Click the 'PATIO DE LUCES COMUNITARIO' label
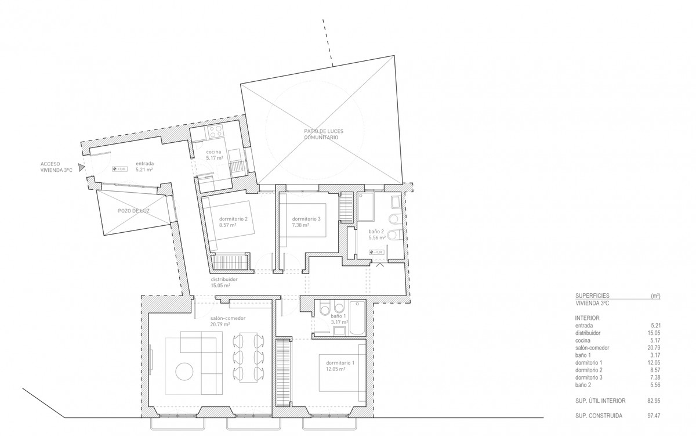click(321, 134)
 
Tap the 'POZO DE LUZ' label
click(133, 211)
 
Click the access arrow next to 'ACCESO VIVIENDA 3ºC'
click(82, 167)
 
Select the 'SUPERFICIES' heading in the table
click(592, 296)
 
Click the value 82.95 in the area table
click(654, 401)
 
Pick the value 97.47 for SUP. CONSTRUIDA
click(654, 416)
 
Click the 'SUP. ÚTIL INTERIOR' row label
click(600, 401)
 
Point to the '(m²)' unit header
click(655, 296)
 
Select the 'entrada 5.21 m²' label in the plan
click(144, 167)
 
